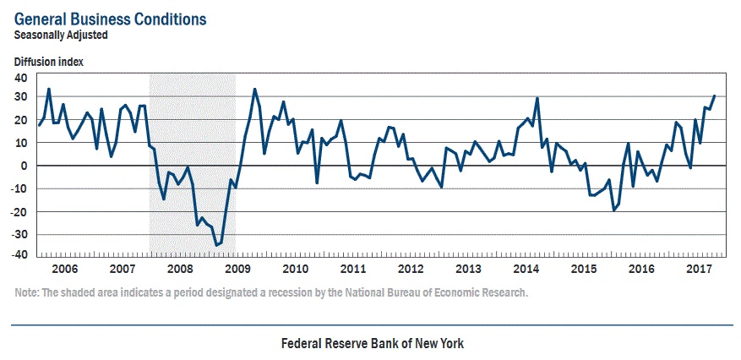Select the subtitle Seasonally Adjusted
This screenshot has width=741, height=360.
tap(61, 35)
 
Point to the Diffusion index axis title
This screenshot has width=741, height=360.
tap(48, 61)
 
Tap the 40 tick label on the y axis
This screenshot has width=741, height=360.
tap(20, 77)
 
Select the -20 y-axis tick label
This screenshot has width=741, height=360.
tap(19, 211)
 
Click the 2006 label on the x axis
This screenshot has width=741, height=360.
tap(65, 269)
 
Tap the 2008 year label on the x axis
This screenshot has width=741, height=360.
tap(180, 269)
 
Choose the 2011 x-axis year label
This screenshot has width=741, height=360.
tap(352, 269)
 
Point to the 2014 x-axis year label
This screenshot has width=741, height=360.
tap(526, 269)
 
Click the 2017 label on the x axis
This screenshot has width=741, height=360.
tap(698, 269)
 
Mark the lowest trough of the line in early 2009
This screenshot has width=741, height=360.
tap(216, 245)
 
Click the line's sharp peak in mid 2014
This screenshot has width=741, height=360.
tap(537, 98)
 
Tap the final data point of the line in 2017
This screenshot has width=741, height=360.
tap(714, 95)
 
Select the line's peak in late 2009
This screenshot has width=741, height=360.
tap(254, 89)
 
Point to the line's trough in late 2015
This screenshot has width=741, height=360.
tap(613, 210)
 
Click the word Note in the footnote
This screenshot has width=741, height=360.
tap(26, 293)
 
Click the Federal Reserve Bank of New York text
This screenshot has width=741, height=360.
tap(372, 344)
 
